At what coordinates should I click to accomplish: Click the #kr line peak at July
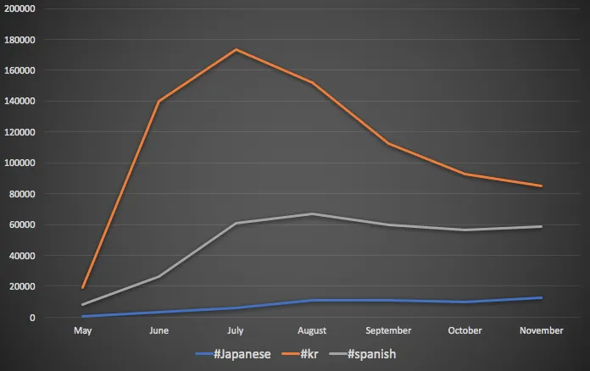(235, 49)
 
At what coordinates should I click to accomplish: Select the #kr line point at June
(159, 102)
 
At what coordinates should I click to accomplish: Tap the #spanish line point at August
(312, 213)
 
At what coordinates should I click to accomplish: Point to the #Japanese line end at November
(541, 297)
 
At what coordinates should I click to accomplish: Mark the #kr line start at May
(82, 288)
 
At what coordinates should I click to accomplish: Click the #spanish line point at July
(235, 223)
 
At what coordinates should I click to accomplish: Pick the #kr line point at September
(388, 143)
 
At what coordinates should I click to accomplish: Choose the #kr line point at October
(465, 174)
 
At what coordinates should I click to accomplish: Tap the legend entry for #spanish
(373, 354)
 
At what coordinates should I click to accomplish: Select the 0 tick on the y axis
(32, 318)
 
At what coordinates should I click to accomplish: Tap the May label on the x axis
(82, 330)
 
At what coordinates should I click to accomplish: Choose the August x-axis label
(312, 330)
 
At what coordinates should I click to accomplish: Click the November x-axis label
(541, 330)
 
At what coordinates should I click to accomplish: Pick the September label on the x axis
(388, 330)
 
